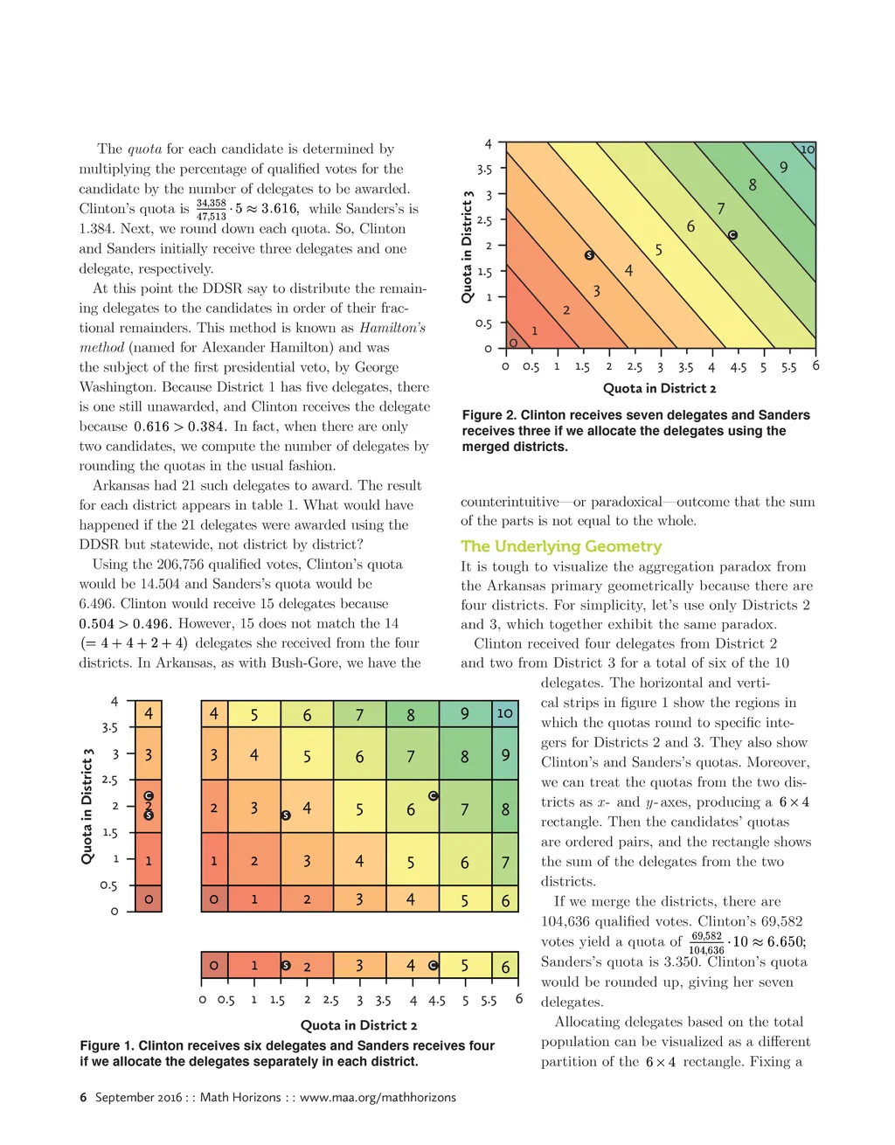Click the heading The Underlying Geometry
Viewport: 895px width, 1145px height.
pos(561,546)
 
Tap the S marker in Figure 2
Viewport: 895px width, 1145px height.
pos(589,255)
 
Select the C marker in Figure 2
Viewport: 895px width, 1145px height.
pos(732,235)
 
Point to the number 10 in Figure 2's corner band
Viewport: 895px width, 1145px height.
pos(808,149)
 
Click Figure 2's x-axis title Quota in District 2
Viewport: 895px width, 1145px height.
pos(659,388)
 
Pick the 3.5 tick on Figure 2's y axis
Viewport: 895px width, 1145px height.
pos(484,169)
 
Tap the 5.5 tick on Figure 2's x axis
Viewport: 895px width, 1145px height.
pos(788,367)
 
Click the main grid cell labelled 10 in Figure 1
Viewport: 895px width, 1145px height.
pos(504,713)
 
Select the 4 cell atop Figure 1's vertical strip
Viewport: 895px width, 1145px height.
pos(149,714)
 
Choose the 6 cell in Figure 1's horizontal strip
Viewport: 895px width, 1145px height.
pos(505,967)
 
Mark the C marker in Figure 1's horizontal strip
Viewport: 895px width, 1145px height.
pos(434,966)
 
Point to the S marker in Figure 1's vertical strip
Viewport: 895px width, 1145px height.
pos(149,815)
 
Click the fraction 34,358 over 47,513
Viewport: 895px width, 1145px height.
pos(211,209)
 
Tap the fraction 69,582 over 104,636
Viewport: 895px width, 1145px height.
pos(706,942)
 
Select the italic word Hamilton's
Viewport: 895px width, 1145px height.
pos(392,328)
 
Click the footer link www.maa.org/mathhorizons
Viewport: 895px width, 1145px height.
pos(378,1097)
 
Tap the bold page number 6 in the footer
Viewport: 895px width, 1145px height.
pos(83,1097)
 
